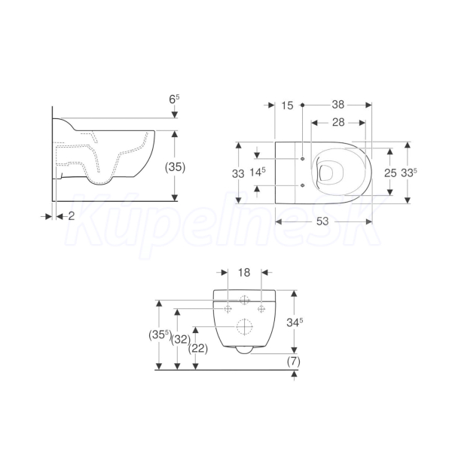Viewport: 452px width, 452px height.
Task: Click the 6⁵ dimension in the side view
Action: (x=174, y=99)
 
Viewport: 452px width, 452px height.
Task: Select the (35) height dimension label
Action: (x=175, y=167)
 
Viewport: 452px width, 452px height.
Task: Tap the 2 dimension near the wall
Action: (x=72, y=216)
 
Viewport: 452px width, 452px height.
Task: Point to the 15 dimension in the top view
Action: (x=287, y=105)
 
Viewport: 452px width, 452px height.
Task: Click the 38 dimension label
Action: (x=337, y=105)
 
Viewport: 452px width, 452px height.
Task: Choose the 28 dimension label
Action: (x=338, y=122)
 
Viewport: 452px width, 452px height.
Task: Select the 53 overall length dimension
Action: (x=322, y=221)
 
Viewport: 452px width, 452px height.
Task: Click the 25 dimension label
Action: (x=390, y=173)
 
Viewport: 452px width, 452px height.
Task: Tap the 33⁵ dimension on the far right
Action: (x=409, y=173)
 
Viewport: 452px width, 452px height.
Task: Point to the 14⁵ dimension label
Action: (x=258, y=173)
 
